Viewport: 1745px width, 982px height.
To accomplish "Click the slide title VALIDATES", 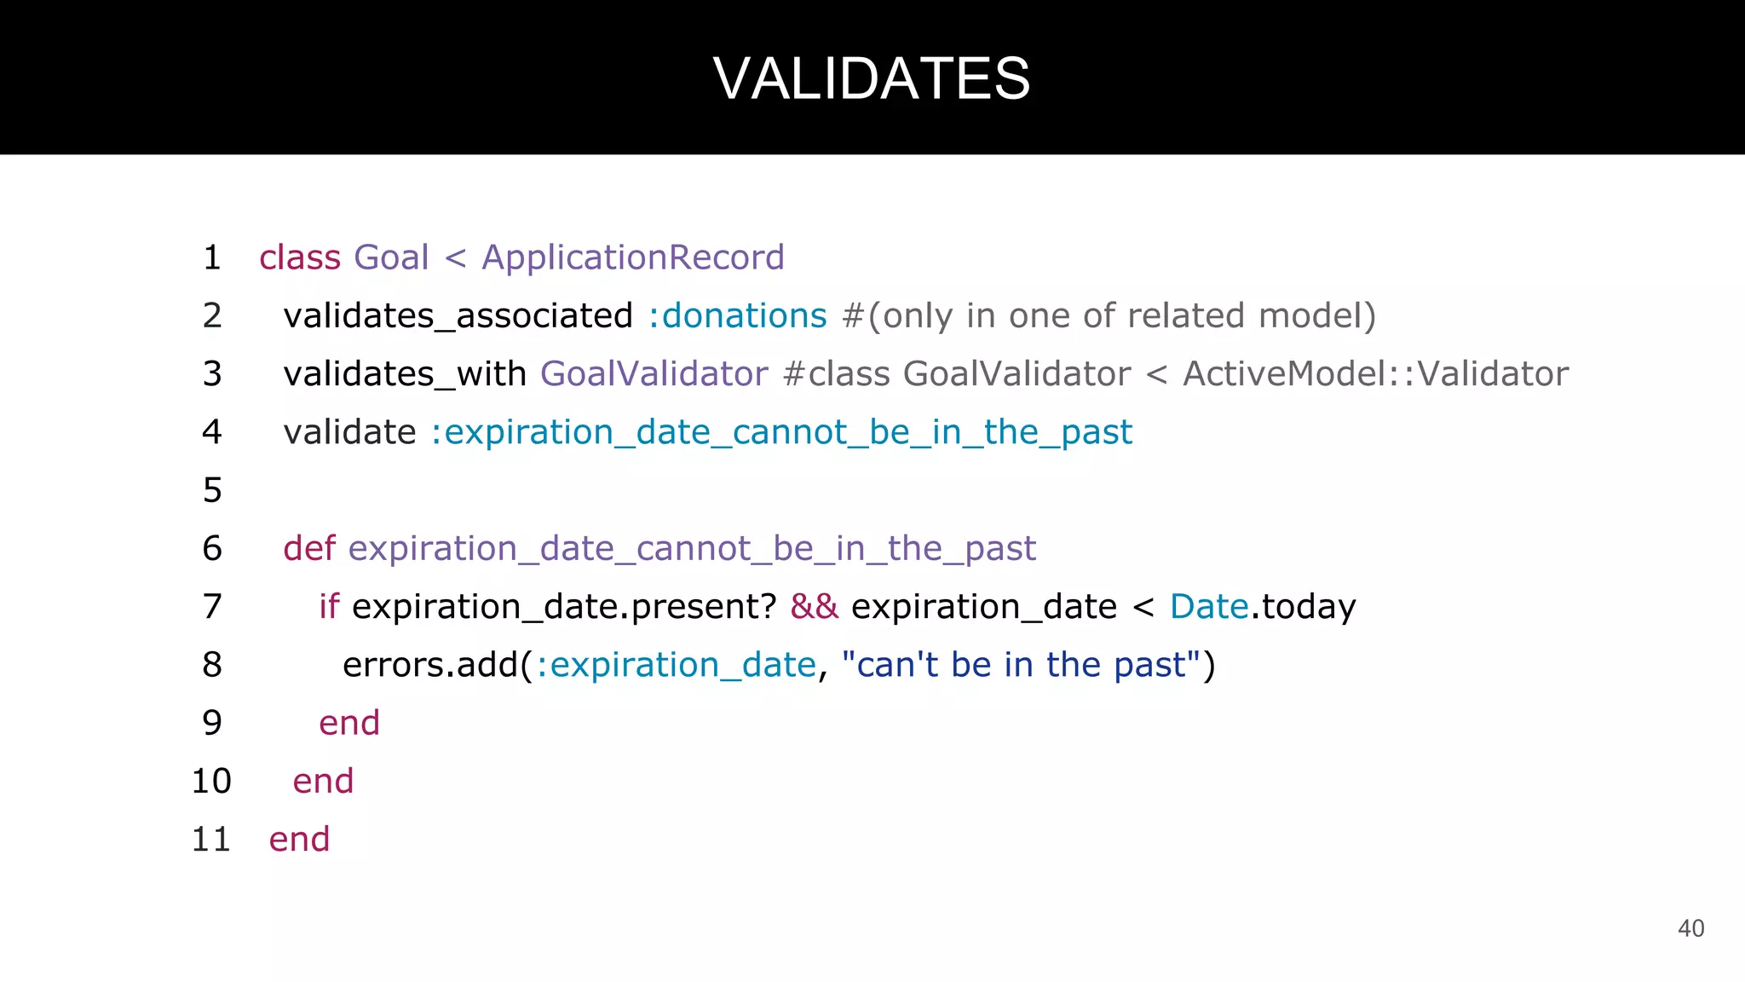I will tap(872, 78).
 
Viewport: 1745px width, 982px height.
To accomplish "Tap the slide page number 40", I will tap(1690, 928).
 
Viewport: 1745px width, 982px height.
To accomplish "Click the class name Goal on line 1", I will tap(391, 257).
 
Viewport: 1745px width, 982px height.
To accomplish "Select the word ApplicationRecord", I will tap(632, 257).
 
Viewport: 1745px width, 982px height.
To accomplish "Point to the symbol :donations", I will tap(737, 316).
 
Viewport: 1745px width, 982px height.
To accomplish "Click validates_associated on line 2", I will tap(458, 316).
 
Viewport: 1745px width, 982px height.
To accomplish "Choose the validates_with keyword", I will tap(405, 374).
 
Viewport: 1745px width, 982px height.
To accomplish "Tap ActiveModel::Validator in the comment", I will tap(1375, 374).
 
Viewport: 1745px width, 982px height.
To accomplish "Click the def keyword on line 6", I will tap(309, 548).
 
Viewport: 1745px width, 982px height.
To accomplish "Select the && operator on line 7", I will tap(814, 607).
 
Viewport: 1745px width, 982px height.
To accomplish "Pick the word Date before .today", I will tap(1209, 607).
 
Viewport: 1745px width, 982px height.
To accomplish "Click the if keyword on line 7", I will tap(329, 607).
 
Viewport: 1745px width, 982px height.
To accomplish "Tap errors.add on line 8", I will tap(431, 665).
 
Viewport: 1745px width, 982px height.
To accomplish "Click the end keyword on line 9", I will tap(349, 724).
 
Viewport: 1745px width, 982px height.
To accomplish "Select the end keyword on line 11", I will tap(299, 840).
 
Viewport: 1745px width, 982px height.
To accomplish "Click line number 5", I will tap(212, 490).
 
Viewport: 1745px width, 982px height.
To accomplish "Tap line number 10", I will tap(211, 782).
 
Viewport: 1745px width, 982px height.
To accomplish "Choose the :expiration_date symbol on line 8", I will tap(676, 665).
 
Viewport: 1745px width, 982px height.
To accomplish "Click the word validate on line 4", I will tap(349, 432).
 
